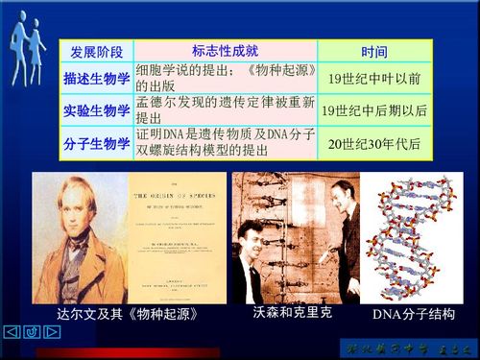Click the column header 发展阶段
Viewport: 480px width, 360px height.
point(93,51)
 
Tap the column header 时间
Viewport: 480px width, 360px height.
point(374,51)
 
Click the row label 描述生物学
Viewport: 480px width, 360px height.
point(96,79)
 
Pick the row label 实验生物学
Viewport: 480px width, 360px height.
point(96,110)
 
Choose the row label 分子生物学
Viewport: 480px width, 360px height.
point(96,143)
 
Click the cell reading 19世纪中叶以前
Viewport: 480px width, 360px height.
point(374,79)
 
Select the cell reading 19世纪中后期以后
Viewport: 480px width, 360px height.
point(374,110)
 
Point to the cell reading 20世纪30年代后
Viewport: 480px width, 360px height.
point(374,143)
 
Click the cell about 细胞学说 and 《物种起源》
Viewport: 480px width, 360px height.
point(226,78)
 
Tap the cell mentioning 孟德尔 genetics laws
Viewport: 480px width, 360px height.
point(226,110)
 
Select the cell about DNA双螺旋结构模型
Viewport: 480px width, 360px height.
point(226,143)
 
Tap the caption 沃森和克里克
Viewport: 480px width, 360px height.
point(292,313)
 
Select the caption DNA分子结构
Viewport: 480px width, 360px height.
point(413,315)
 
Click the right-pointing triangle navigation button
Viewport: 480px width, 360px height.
point(52,332)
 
